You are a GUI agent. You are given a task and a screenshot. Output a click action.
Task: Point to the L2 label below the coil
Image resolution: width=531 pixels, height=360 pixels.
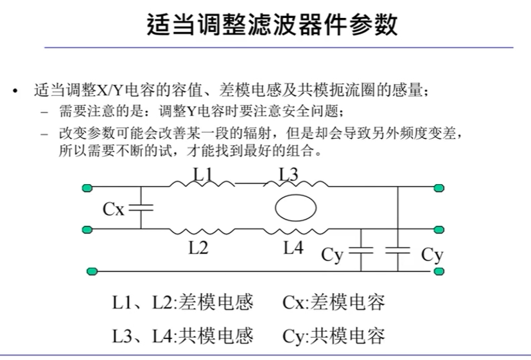(198, 248)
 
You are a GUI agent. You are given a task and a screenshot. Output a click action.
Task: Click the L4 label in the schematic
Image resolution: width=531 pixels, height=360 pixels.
(293, 248)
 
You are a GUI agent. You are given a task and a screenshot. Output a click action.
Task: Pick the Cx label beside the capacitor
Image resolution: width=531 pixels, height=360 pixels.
(114, 209)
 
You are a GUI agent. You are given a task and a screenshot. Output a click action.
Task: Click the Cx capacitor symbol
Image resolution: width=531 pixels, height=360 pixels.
(141, 208)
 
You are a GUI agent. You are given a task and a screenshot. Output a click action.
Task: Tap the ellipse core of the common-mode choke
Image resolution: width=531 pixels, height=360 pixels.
(295, 208)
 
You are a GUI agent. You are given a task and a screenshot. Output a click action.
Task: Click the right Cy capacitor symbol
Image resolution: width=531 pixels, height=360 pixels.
(399, 250)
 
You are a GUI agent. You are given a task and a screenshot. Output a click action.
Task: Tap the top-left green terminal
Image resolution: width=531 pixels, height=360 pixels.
(88, 188)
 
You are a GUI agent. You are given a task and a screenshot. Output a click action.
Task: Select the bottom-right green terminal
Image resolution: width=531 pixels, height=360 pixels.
(439, 271)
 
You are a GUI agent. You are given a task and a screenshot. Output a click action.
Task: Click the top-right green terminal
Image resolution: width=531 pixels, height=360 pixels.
(439, 188)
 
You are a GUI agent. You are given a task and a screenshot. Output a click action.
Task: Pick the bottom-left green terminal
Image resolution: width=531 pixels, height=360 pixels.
(92, 271)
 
